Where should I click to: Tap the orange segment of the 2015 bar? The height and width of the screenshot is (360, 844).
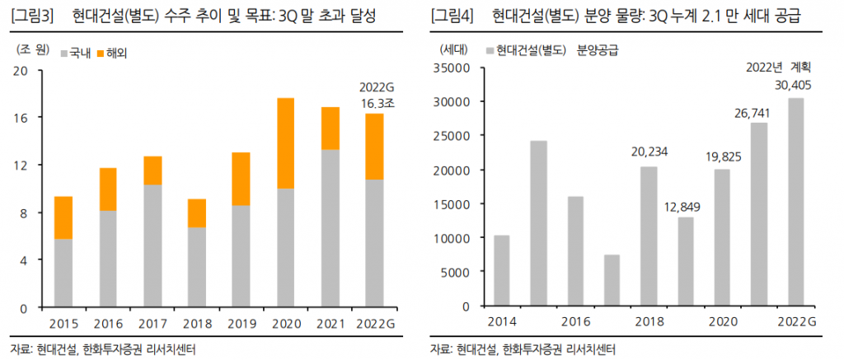[63, 217]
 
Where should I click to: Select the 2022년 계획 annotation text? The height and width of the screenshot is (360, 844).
[780, 68]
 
